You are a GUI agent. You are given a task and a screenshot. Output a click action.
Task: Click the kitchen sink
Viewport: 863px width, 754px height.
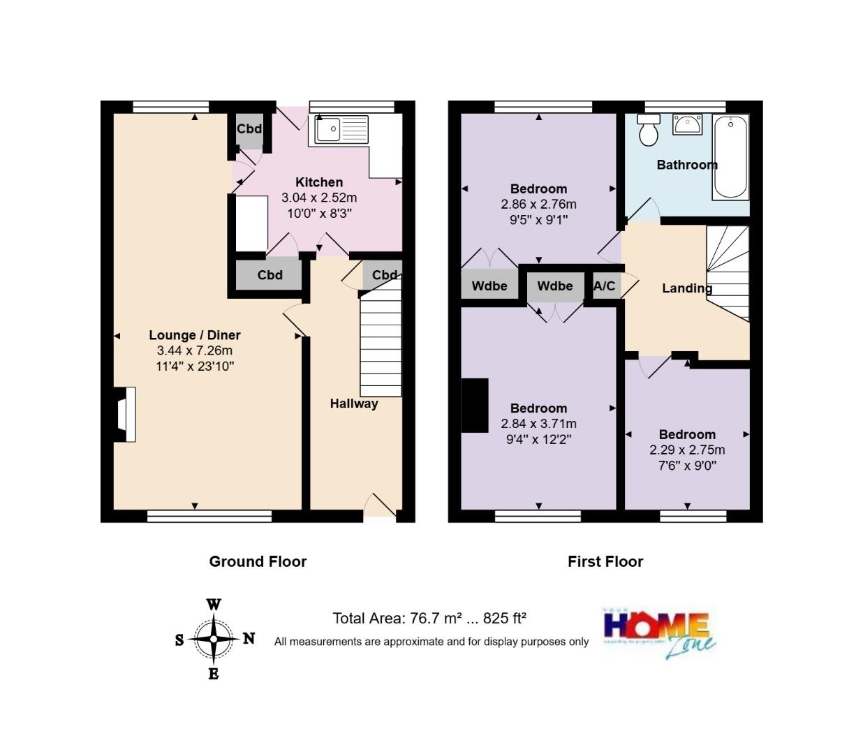tap(341, 130)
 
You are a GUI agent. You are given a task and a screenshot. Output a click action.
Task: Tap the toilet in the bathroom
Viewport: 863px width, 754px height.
tap(649, 131)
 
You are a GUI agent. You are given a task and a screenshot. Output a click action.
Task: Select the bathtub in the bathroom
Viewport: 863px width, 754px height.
tap(730, 157)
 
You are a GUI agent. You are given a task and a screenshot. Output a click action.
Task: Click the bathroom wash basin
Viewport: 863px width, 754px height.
tap(687, 125)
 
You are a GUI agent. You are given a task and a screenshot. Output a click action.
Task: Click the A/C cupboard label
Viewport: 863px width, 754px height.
tap(604, 286)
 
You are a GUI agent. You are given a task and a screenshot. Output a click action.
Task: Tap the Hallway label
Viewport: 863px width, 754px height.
tap(354, 404)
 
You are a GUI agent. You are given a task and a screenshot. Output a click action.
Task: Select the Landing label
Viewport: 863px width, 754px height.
tap(687, 288)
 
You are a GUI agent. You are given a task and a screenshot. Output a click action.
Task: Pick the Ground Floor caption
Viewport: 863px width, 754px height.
tap(258, 561)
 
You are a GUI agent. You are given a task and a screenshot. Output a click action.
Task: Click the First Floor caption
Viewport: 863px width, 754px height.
tap(605, 561)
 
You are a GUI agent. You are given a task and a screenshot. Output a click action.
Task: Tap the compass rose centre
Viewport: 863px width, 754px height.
tap(214, 639)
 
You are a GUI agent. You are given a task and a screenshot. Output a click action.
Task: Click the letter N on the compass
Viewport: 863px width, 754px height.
tap(249, 638)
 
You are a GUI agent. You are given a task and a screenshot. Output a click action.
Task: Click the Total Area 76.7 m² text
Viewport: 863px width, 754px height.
tap(429, 618)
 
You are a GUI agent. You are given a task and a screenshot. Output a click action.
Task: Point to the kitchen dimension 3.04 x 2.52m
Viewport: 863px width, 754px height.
tap(319, 198)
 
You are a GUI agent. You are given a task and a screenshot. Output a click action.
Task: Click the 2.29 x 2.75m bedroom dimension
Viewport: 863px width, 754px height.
tap(687, 450)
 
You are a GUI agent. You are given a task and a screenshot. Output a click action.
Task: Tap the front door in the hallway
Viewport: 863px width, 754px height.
tap(380, 506)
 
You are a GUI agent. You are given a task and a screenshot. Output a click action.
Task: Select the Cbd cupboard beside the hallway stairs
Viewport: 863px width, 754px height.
tap(383, 274)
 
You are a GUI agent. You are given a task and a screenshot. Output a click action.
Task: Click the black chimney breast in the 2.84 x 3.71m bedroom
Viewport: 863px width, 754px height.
tap(475, 406)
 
